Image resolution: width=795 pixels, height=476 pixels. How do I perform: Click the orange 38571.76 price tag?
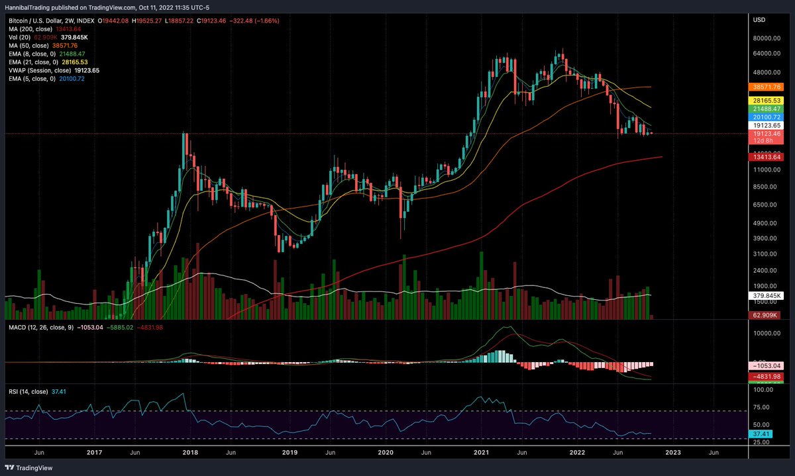(766, 87)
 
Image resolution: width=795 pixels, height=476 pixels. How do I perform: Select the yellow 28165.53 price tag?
(766, 100)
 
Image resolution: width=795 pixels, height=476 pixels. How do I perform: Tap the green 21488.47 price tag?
(766, 109)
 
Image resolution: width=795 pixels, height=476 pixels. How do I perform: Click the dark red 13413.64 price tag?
(766, 157)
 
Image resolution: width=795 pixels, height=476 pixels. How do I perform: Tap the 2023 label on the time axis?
(672, 453)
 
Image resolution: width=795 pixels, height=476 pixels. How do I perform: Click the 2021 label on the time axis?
(480, 453)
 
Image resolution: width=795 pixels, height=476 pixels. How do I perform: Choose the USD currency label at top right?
(759, 20)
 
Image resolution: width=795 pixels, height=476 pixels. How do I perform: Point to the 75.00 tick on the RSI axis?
(761, 408)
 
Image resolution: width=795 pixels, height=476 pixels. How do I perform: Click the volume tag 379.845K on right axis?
(766, 296)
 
